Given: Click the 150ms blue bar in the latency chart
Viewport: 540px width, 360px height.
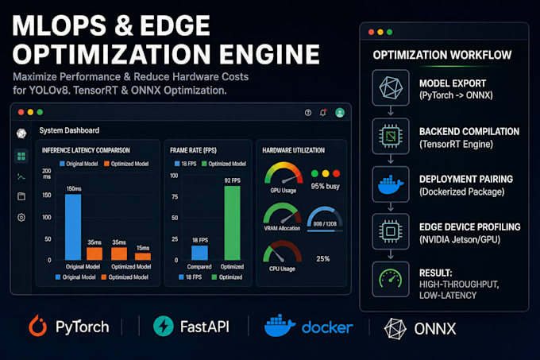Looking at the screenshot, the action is [73, 227].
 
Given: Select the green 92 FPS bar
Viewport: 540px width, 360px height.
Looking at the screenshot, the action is [233, 223].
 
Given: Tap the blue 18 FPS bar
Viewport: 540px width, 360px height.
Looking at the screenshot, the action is [200, 253].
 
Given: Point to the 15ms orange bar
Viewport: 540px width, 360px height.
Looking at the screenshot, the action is [143, 257].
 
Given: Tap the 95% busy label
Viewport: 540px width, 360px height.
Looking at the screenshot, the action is [325, 187].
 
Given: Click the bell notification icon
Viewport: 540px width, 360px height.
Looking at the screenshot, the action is [323, 113].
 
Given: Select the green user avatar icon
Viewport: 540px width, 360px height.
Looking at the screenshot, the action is [340, 113].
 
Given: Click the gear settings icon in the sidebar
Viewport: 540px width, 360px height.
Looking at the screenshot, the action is [21, 218].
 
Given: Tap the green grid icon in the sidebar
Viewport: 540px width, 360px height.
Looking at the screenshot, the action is [21, 157].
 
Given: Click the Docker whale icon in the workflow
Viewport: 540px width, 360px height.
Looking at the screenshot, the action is [391, 185].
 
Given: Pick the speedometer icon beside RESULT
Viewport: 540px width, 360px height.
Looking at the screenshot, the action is [391, 279].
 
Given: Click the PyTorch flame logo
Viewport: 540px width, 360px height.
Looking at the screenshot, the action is [38, 326].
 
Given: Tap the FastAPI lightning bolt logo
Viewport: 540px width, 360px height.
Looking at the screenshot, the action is [164, 326].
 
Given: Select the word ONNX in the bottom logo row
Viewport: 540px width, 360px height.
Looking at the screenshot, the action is [435, 329].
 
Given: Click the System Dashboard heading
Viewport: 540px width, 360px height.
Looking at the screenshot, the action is [69, 130].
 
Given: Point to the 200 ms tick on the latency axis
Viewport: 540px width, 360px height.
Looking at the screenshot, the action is [47, 173].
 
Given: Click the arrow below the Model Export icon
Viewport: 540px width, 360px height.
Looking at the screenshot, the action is [391, 110].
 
